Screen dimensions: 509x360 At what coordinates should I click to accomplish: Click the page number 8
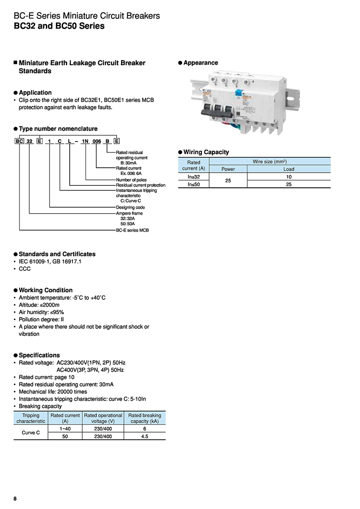pos(15,499)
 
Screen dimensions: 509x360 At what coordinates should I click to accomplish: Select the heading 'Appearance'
pos(201,63)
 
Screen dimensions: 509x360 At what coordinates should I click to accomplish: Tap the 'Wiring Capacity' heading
pos(206,152)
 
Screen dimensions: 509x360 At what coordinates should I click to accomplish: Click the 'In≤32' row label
pos(194,177)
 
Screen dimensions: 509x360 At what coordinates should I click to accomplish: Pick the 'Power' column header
pos(228,169)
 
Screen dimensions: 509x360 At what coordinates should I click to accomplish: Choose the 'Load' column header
pos(288,169)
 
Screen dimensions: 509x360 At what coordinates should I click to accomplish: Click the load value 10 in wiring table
pos(288,177)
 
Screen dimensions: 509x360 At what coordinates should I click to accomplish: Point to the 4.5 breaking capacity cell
pos(144,436)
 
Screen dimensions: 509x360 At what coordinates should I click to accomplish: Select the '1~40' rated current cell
pos(65,429)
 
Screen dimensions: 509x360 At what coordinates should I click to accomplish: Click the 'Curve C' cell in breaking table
pos(31,433)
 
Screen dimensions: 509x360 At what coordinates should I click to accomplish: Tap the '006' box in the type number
pos(97,141)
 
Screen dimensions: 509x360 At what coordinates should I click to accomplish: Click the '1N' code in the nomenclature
pos(85,141)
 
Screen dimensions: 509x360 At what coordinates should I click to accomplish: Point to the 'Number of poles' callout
pos(131,180)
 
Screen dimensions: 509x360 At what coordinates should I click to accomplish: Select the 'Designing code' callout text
pos(130,207)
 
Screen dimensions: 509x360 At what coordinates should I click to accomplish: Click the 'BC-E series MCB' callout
pos(132,230)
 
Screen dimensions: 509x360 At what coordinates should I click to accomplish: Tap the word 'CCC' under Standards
pos(25,268)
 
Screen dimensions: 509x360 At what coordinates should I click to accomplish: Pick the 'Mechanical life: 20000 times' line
pos(53,392)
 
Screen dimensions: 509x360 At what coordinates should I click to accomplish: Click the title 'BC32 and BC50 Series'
pos(59,26)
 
